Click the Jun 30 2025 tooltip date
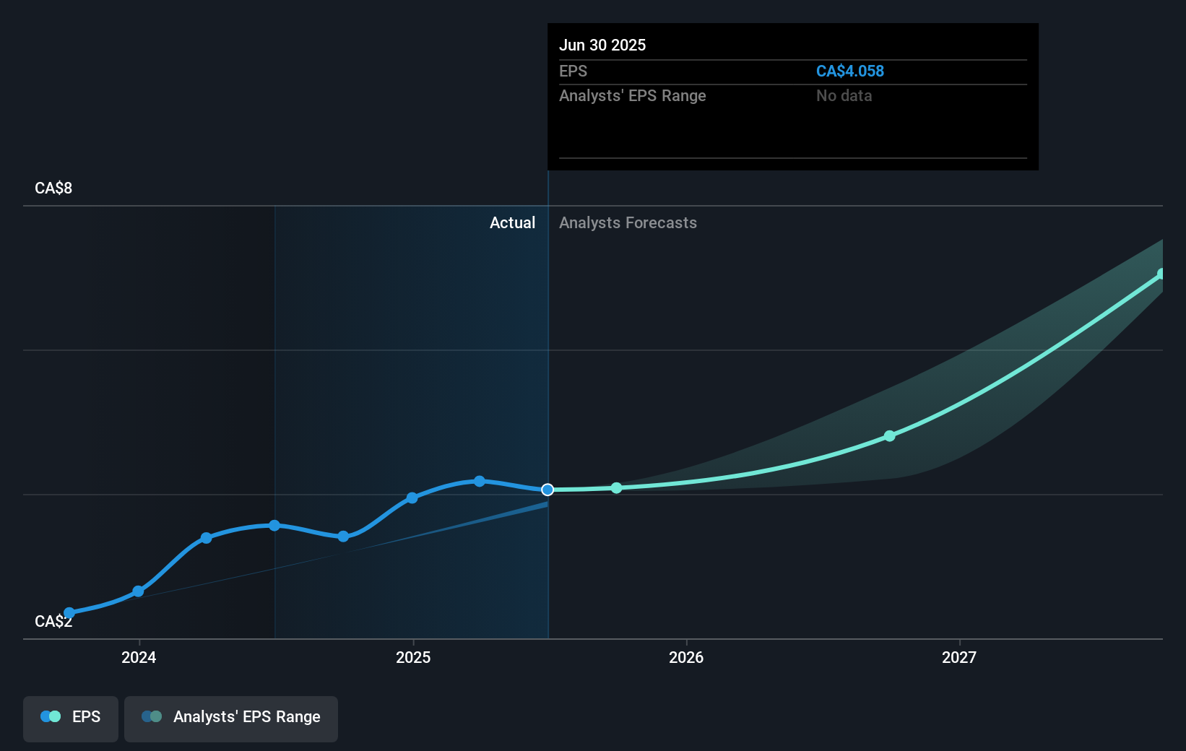602,45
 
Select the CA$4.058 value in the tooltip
849,71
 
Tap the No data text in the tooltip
844,95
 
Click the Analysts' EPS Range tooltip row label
632,95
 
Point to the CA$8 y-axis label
53,188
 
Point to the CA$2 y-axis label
53,621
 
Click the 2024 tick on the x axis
139,657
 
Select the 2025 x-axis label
413,657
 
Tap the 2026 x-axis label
685,657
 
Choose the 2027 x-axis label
958,657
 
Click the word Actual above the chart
512,222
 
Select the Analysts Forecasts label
628,222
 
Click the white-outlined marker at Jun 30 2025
547,490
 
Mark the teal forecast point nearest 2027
889,436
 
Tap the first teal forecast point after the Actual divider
616,488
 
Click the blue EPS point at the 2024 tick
138,591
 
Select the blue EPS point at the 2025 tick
412,498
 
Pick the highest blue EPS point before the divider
480,481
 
